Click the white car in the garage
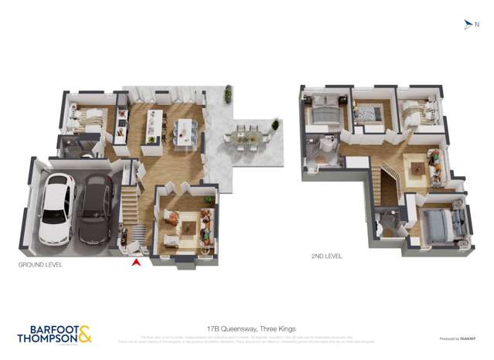(56, 209)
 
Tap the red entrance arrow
(137, 263)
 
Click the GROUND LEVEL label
(39, 264)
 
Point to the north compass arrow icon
(467, 25)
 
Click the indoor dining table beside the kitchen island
(152, 125)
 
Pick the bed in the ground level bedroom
(89, 117)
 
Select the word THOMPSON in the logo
(46, 338)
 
